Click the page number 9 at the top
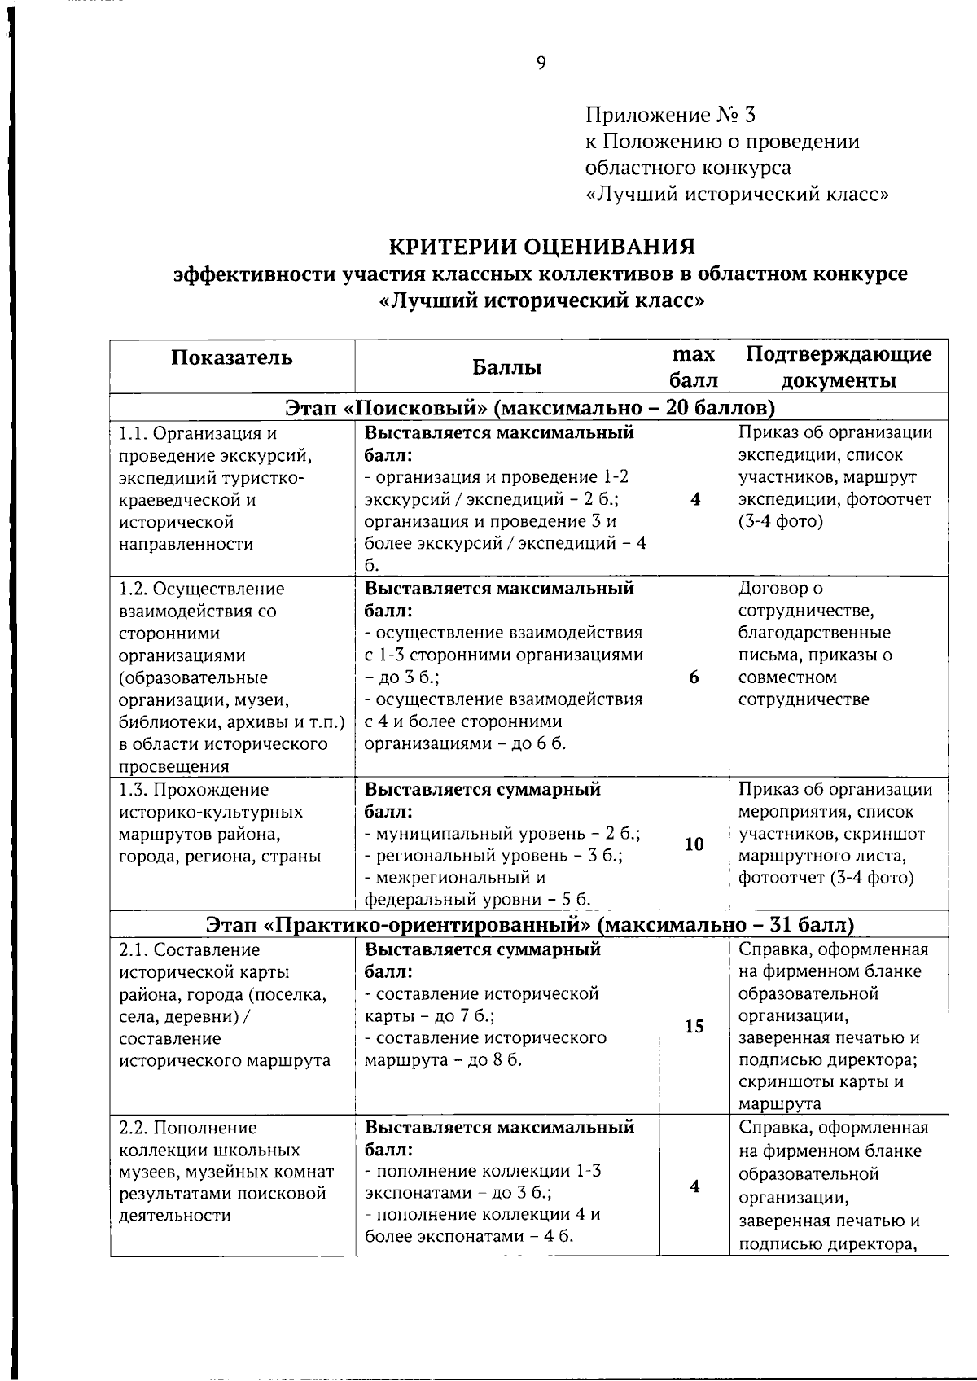541,64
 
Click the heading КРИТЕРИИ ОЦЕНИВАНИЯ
541,246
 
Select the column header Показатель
232,357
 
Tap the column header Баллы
507,367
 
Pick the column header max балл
694,367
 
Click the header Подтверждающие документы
839,367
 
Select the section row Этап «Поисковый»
529,407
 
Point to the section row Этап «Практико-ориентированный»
529,925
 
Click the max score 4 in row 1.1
694,500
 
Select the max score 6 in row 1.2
694,677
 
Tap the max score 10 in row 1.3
694,844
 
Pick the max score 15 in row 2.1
694,1026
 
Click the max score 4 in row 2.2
694,1186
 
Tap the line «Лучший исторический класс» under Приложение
737,195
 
